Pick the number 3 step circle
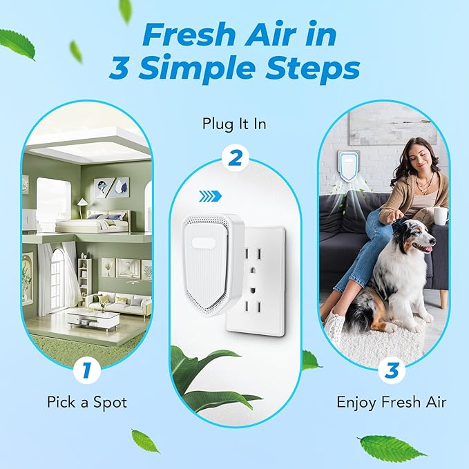(391, 371)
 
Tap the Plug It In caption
(233, 124)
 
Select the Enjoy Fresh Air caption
(391, 401)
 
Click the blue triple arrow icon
(209, 197)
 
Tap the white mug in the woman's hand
(440, 215)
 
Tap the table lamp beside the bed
(82, 204)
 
